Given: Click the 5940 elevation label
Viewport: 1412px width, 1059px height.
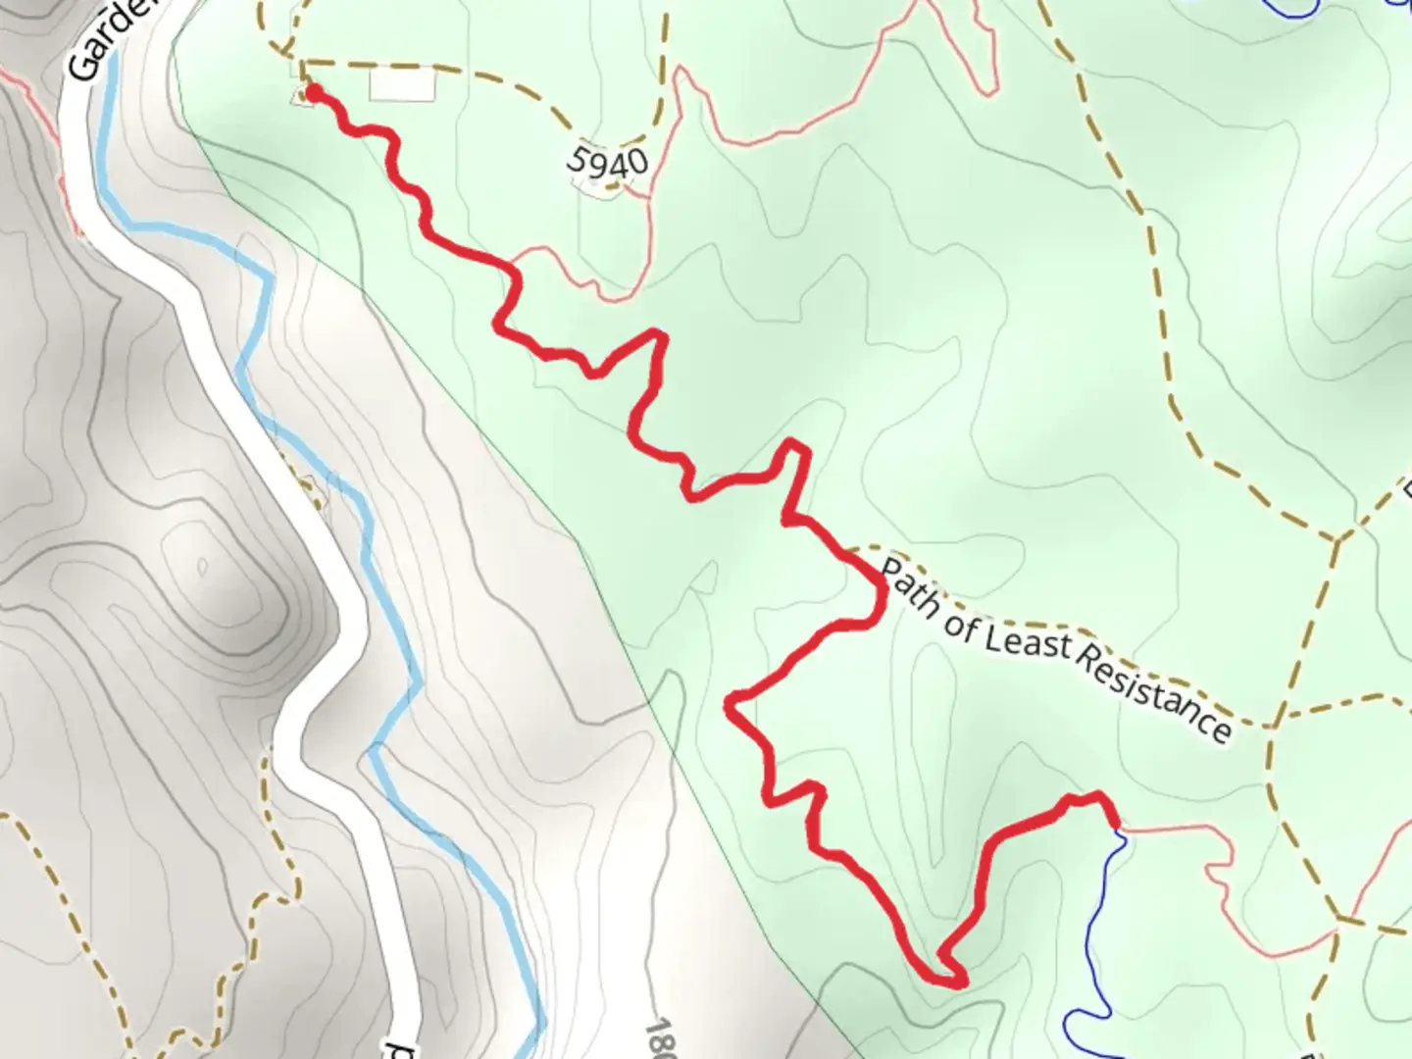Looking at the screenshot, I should click(x=608, y=161).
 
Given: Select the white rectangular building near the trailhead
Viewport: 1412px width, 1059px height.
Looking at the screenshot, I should click(x=401, y=84).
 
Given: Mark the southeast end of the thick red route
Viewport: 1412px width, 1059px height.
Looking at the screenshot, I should click(x=1115, y=825).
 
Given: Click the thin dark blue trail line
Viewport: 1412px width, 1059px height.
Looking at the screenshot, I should click(x=1103, y=932).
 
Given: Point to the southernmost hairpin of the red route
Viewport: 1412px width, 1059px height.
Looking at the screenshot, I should click(x=956, y=979).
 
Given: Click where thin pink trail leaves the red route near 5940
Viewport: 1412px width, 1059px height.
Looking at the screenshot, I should click(x=512, y=263).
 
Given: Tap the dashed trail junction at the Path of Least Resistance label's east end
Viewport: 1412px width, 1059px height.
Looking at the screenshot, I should click(x=1271, y=727).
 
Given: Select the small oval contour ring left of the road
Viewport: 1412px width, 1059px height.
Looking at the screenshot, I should click(x=202, y=566).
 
